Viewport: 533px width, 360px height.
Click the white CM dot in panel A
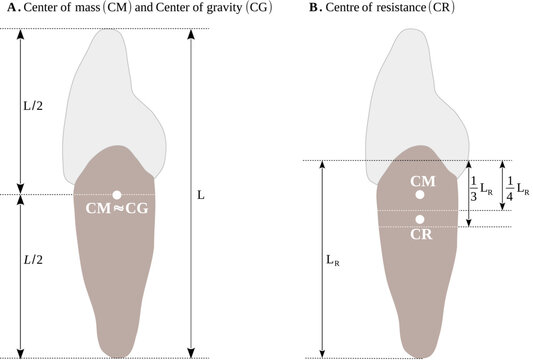tap(117, 194)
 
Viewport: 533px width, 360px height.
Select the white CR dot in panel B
tap(421, 219)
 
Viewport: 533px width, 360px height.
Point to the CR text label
tap(421, 236)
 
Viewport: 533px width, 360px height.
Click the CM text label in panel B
tap(422, 181)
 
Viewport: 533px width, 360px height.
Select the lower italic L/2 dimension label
tap(34, 260)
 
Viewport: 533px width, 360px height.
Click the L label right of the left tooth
tap(201, 195)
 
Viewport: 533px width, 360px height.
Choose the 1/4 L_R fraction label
tap(516, 185)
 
